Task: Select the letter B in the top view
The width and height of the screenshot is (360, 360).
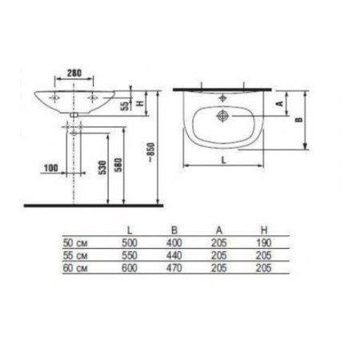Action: click(x=298, y=118)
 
